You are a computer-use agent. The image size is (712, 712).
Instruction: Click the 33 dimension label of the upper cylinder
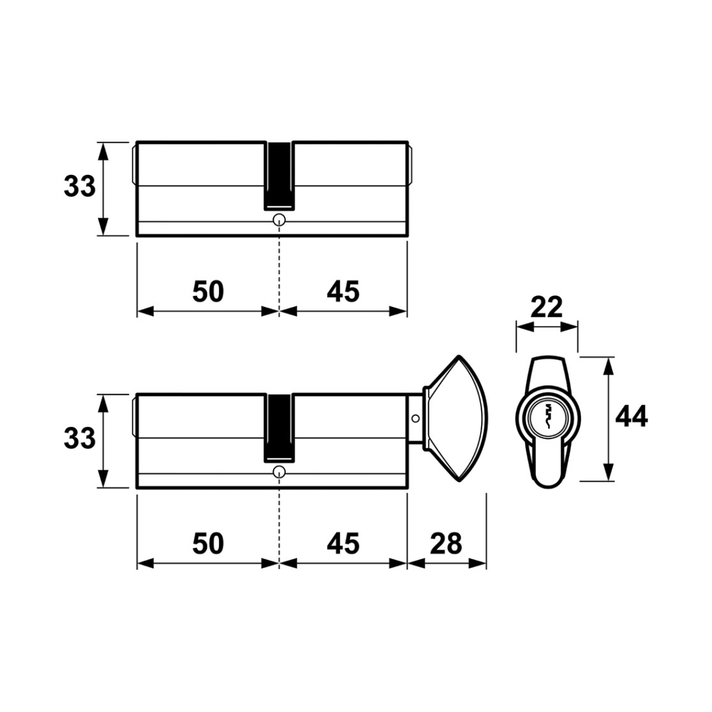tap(80, 186)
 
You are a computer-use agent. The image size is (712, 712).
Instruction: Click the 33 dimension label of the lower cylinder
tap(80, 438)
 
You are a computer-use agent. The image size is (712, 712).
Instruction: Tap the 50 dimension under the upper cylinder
tap(208, 291)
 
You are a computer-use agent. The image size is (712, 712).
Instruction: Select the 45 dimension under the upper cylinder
tap(343, 291)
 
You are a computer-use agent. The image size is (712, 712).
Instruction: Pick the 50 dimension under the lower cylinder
tap(208, 543)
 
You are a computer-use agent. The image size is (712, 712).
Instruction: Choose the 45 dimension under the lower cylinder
tap(343, 543)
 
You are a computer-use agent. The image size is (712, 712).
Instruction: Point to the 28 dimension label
tap(446, 543)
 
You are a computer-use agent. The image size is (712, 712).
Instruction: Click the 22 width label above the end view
tap(546, 307)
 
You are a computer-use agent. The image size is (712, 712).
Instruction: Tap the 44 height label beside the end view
tap(631, 416)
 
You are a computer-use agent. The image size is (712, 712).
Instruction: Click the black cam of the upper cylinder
tap(279, 176)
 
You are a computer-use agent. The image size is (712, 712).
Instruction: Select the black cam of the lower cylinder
tap(279, 428)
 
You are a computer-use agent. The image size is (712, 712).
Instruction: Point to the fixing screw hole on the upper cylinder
tap(279, 220)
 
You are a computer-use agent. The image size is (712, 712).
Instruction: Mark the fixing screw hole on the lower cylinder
tap(279, 472)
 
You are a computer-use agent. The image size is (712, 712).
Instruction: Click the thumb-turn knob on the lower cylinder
tap(456, 419)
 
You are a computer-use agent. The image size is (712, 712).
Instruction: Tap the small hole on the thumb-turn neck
tap(415, 419)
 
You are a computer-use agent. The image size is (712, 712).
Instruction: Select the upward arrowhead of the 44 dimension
tap(609, 365)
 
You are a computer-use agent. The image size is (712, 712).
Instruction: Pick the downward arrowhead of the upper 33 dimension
tap(103, 226)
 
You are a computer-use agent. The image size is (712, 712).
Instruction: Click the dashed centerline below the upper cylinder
tap(279, 268)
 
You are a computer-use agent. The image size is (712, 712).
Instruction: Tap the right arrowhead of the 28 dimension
tap(478, 563)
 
